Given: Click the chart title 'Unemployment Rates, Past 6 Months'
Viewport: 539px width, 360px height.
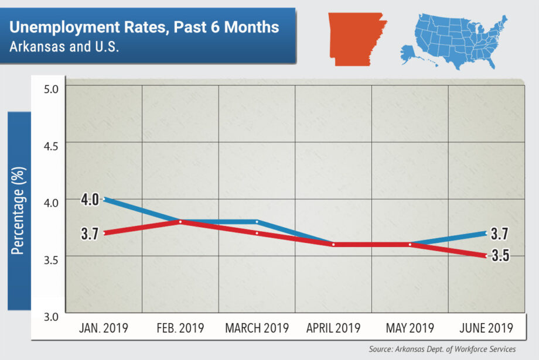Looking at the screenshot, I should point(144,27).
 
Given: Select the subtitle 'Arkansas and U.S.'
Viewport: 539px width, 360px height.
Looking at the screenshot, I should point(64,47).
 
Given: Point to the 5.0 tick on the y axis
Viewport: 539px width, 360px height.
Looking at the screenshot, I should point(53,88).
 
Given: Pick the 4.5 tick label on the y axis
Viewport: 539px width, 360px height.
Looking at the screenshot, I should point(53,145).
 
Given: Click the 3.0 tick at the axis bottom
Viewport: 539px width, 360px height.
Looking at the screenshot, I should point(53,317).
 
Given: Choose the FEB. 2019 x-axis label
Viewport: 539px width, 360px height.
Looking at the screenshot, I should point(180,328).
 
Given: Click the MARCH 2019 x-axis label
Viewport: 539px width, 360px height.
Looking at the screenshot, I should point(257,328).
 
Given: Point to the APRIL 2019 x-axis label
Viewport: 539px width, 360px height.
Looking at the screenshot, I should point(333,328).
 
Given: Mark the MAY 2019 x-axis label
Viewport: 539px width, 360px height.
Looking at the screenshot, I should point(410,328).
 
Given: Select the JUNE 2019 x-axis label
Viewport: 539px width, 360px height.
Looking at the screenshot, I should point(486,328).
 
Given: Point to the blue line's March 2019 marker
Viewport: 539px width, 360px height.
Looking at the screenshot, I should point(257,221).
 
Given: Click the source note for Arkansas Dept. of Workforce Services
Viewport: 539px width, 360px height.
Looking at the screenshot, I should point(442,349).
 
